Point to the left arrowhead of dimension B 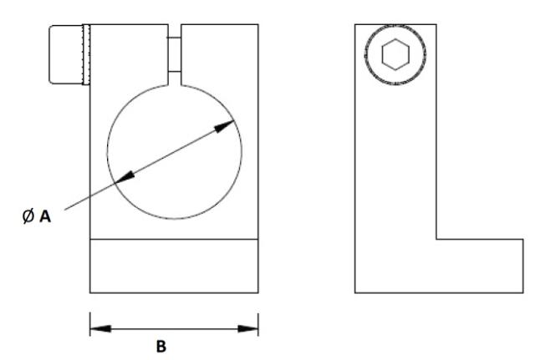point(99,327)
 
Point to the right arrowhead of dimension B point(248,327)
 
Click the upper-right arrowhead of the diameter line point(227,124)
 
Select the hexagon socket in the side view point(395,55)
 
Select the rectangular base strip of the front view point(174,266)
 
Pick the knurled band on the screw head point(84,55)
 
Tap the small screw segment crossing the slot point(174,55)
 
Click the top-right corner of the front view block point(258,25)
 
